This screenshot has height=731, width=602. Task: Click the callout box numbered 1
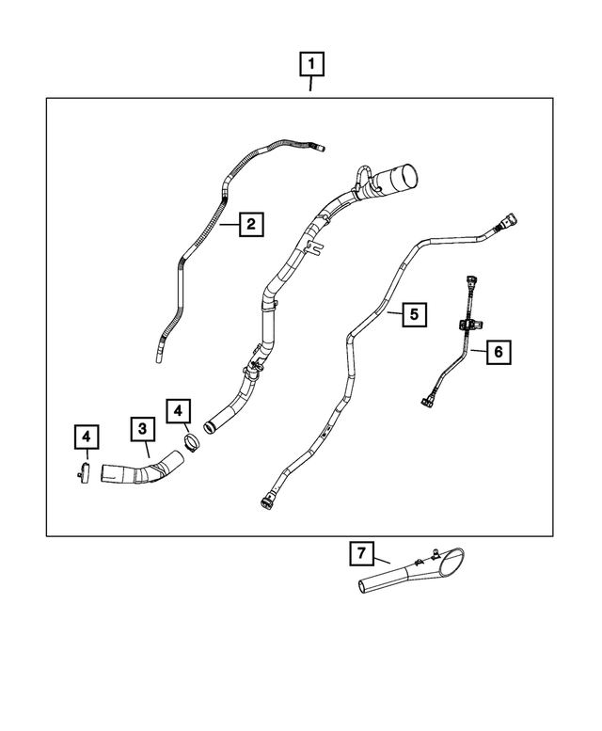312,66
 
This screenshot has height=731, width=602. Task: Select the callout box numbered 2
250,225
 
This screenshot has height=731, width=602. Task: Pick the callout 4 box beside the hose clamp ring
179,412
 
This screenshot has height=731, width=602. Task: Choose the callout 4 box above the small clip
86,436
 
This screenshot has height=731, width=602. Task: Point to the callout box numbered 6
499,351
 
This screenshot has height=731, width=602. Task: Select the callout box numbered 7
360,554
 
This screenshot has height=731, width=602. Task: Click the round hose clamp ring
192,439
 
